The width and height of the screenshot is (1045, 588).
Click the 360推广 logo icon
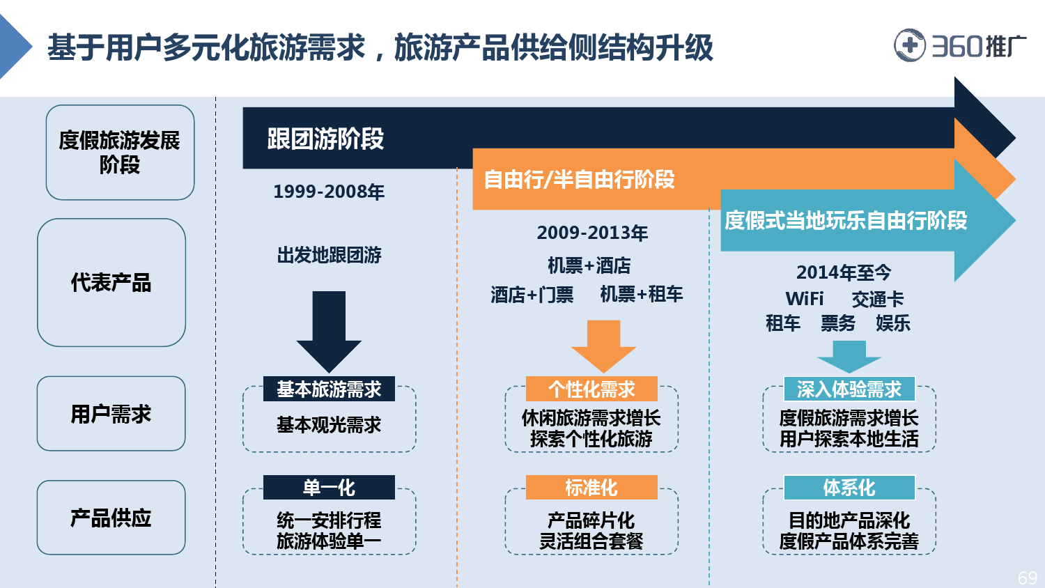tap(909, 45)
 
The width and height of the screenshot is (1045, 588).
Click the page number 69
tap(1028, 578)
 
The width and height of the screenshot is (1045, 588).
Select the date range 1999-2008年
tap(329, 192)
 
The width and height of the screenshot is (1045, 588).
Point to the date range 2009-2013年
tap(592, 233)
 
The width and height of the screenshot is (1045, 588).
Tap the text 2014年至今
tap(844, 272)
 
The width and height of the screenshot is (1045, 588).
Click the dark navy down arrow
tap(329, 332)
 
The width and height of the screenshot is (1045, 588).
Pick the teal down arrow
tap(849, 357)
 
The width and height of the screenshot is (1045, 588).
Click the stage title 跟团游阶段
tap(325, 139)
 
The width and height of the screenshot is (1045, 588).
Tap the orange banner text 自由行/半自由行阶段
tap(580, 179)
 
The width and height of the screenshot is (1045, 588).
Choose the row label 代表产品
tap(111, 282)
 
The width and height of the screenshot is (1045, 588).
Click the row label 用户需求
tap(111, 414)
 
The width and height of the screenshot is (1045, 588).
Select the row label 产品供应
tap(111, 518)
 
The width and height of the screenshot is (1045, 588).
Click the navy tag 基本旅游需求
tap(329, 389)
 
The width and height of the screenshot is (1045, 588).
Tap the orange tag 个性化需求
tap(591, 389)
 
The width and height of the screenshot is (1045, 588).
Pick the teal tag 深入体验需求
tap(849, 389)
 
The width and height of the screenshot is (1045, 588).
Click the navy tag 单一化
tap(329, 488)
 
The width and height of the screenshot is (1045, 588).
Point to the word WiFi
tap(804, 299)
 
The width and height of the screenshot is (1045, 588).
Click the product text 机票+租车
tap(642, 295)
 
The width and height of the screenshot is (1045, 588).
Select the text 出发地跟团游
tap(329, 255)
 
